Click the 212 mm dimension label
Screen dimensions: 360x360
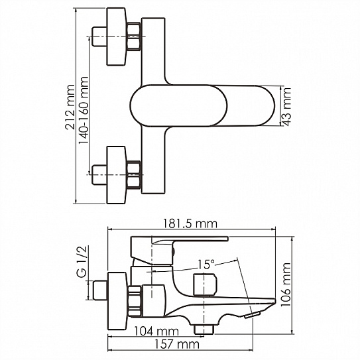click(x=70, y=107)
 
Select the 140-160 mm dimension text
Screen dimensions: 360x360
click(x=84, y=111)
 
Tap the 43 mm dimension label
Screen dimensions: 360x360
click(x=286, y=106)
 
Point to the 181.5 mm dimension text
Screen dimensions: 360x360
click(x=190, y=223)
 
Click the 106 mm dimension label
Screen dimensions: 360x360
click(x=286, y=284)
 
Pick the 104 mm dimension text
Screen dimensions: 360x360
click(x=156, y=331)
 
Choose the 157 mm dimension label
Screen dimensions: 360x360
click(x=177, y=344)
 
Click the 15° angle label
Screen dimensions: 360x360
click(x=206, y=265)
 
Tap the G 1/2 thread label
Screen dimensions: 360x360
click(x=82, y=261)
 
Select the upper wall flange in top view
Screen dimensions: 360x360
click(x=117, y=36)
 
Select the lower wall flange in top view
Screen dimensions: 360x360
click(x=117, y=175)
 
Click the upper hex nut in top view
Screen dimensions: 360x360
click(x=134, y=36)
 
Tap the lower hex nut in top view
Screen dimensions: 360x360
click(x=134, y=175)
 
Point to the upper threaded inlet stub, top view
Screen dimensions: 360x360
click(x=99, y=36)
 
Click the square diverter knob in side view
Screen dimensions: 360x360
click(x=205, y=284)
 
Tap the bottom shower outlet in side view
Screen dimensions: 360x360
click(x=204, y=330)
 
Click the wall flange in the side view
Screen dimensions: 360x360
click(x=117, y=301)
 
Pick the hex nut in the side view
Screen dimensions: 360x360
click(x=135, y=301)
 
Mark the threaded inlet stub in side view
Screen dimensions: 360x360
click(x=100, y=290)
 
